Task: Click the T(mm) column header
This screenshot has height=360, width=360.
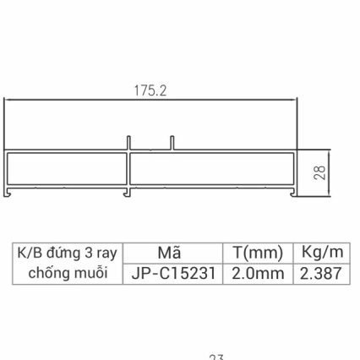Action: (x=254, y=252)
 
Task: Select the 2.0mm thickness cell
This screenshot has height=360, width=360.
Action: (x=254, y=274)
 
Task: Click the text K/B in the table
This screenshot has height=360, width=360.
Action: (x=29, y=253)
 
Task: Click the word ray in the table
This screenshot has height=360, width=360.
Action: (x=106, y=253)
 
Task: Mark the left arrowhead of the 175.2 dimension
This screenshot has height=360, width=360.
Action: (x=8, y=100)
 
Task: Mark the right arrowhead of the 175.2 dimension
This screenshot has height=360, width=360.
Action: (x=297, y=100)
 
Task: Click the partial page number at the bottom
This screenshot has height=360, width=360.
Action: (x=215, y=357)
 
